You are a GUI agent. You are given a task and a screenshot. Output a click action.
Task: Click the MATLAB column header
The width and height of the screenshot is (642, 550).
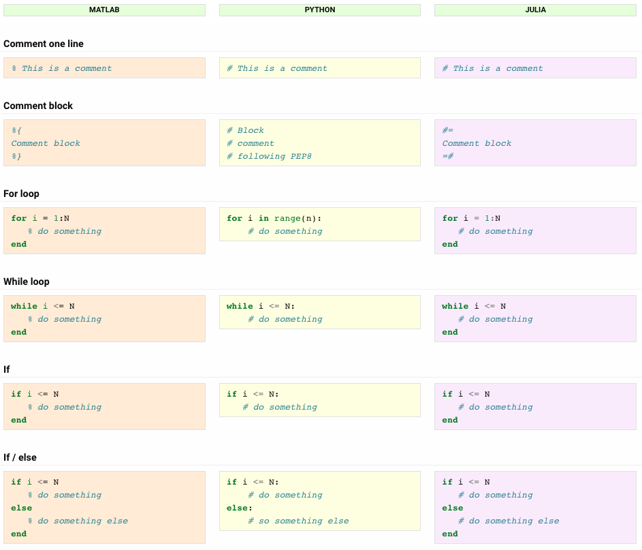tap(104, 10)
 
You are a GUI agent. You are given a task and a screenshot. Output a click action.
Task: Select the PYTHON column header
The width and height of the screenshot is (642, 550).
tap(320, 10)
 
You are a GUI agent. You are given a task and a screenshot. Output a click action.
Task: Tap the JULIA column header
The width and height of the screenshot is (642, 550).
tap(536, 10)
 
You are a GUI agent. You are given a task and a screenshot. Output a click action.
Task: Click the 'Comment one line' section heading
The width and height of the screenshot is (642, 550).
tap(44, 44)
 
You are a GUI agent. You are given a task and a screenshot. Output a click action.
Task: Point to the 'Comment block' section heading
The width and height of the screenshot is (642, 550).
tap(38, 106)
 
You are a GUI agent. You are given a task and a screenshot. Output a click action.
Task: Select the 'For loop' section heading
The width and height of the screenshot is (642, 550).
tap(21, 194)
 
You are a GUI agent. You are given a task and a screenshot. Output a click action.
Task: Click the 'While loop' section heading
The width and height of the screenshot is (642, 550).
tap(27, 281)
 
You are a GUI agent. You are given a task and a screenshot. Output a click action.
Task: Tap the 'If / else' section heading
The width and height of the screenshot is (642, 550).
tap(20, 457)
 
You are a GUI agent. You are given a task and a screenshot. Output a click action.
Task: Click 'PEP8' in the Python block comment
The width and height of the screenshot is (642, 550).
tap(301, 156)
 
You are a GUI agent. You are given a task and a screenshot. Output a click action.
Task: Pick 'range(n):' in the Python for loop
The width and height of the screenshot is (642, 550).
tap(298, 219)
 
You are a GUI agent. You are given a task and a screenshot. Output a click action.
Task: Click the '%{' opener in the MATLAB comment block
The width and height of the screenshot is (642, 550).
tap(16, 130)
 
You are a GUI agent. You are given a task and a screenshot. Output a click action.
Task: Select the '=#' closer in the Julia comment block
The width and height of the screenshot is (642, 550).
tap(448, 156)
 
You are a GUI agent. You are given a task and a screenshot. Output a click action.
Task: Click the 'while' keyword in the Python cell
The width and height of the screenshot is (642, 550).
tap(240, 306)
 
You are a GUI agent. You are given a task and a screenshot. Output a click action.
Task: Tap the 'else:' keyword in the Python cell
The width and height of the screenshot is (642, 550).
tap(240, 508)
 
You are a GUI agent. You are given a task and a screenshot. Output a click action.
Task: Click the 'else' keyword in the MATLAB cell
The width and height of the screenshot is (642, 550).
tap(21, 508)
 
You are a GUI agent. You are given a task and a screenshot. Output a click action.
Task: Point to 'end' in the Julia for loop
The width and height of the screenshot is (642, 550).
tap(450, 244)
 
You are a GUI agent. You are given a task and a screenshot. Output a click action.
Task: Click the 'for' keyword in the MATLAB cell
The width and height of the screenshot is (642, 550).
tap(19, 219)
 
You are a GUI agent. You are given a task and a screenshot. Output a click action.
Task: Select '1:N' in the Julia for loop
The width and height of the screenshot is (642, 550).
tap(492, 219)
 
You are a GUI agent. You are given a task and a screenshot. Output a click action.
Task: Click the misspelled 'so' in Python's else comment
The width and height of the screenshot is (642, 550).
tap(264, 521)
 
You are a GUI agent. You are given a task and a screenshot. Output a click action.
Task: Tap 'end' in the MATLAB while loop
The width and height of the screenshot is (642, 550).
tap(19, 332)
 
